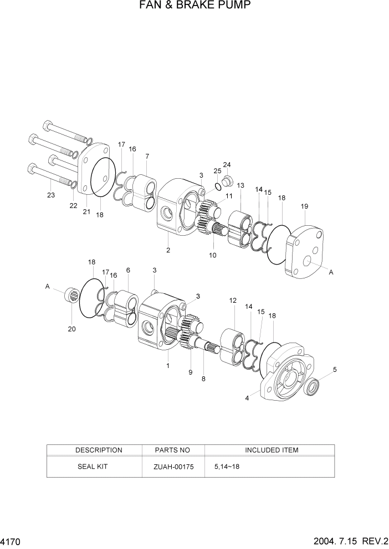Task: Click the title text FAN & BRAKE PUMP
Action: (194, 6)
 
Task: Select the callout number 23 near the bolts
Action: (51, 194)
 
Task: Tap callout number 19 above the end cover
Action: (304, 206)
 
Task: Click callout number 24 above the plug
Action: (227, 165)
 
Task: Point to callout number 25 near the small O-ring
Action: (217, 171)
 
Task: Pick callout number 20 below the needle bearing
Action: (71, 329)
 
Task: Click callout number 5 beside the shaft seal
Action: (334, 370)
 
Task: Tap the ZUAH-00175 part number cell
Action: (173, 467)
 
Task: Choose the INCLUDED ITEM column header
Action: (272, 450)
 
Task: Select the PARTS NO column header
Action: (173, 450)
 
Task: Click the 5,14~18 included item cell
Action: (227, 467)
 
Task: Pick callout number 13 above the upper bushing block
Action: (240, 185)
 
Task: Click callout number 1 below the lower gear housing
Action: (168, 366)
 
